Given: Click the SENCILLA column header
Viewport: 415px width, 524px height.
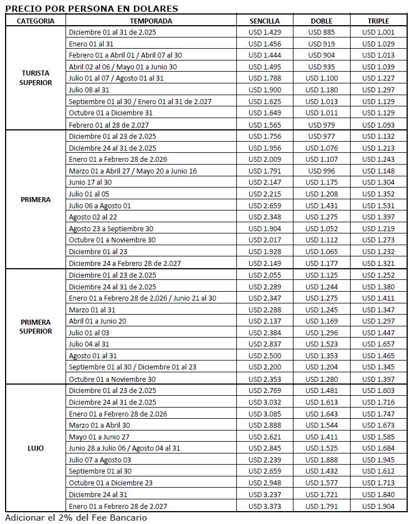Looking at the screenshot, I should (264, 21).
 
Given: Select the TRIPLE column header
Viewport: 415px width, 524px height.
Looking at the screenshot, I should (378, 21).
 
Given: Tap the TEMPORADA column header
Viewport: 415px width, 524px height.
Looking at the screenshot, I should (152, 21).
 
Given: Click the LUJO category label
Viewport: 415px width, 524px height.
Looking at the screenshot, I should (35, 448).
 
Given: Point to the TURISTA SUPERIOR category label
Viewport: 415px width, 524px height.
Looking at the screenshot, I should (35, 78).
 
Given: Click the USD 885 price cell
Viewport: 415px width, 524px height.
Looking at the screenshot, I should (321, 32).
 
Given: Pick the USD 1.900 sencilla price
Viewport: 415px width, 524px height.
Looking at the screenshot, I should (264, 90).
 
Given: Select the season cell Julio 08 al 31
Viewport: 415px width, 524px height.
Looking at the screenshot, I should (89, 90).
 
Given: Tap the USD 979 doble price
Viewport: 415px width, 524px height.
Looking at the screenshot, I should (321, 125).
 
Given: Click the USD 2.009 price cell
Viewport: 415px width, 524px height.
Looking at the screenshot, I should (264, 160).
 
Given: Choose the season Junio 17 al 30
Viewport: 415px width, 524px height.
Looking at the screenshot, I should (90, 183).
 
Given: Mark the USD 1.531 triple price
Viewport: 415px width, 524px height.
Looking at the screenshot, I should (378, 206).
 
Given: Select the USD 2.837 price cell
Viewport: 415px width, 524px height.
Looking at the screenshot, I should (264, 344).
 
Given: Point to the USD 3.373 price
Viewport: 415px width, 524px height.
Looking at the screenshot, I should (264, 506).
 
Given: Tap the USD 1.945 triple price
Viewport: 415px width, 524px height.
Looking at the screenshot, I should (378, 460).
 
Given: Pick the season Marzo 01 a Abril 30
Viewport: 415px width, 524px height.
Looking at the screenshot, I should (99, 425).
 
